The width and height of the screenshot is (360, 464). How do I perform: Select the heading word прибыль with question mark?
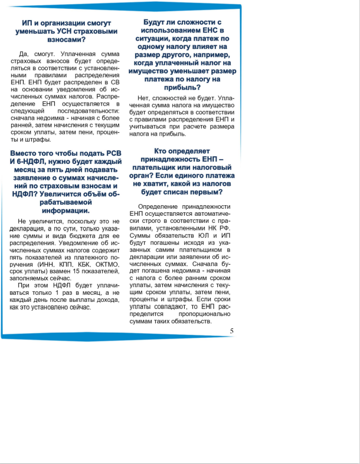179,87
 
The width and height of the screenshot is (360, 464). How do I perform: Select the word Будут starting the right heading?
157,21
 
